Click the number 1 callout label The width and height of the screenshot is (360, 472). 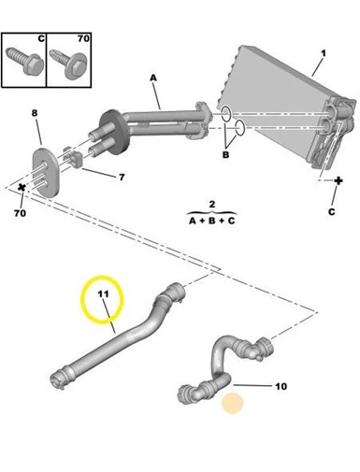(324, 53)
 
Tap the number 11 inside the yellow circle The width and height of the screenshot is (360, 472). (103, 293)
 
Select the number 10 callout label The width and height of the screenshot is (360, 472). (281, 386)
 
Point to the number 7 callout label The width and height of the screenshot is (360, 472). (122, 178)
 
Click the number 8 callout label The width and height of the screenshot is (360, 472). (35, 113)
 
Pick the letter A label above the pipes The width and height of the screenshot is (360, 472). (153, 78)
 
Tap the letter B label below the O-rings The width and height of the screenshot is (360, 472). (225, 154)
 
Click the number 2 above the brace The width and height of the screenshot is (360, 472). (212, 205)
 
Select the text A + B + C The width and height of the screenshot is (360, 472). (212, 221)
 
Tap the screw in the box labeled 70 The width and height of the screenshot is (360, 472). (68, 64)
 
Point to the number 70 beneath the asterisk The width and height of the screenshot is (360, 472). (20, 213)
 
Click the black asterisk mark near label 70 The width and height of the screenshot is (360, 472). (22, 188)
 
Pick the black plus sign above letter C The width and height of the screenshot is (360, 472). (338, 181)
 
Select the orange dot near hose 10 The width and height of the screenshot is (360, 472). (232, 403)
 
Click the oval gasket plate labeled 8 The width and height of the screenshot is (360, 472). (45, 172)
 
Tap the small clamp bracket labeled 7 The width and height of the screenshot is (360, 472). (73, 158)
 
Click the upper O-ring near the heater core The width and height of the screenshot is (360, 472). (225, 114)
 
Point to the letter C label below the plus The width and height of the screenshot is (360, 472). (331, 212)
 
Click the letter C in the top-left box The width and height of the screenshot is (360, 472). (41, 38)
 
